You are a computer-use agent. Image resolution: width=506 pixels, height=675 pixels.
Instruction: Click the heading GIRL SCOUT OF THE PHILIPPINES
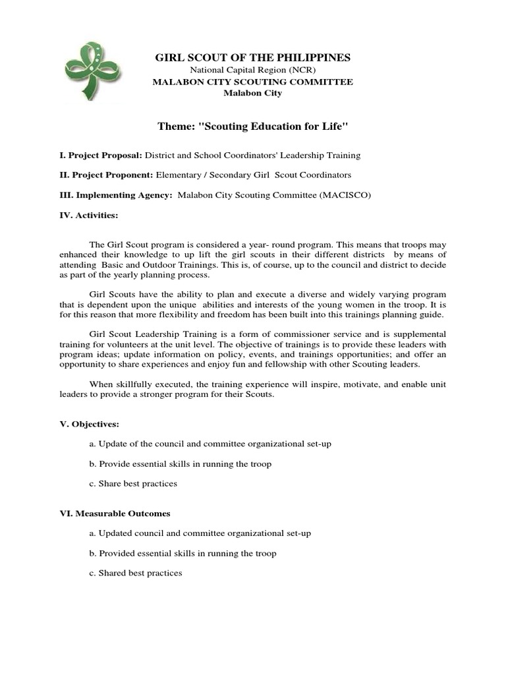click(x=253, y=58)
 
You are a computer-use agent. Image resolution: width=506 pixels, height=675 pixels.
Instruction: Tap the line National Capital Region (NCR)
click(x=253, y=71)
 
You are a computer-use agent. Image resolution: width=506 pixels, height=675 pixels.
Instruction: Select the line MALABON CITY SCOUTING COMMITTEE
click(x=253, y=82)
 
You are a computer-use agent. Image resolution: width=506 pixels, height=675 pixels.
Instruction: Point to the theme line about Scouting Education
click(x=253, y=125)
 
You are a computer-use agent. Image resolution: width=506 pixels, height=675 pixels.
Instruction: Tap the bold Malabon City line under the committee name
click(x=253, y=93)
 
